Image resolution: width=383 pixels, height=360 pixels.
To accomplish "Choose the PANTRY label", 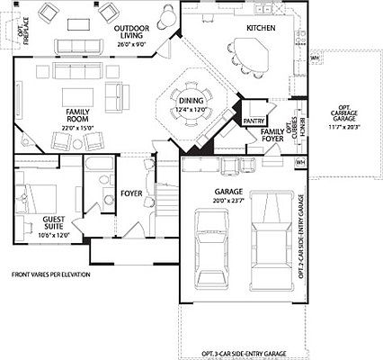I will coord(254,119).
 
